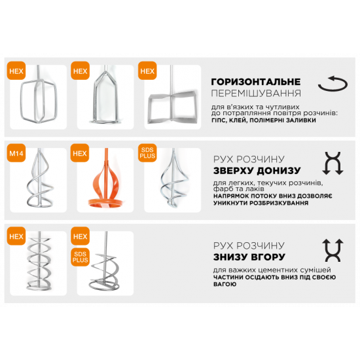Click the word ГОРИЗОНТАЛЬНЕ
(256, 82)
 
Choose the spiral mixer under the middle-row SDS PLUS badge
(169, 180)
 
